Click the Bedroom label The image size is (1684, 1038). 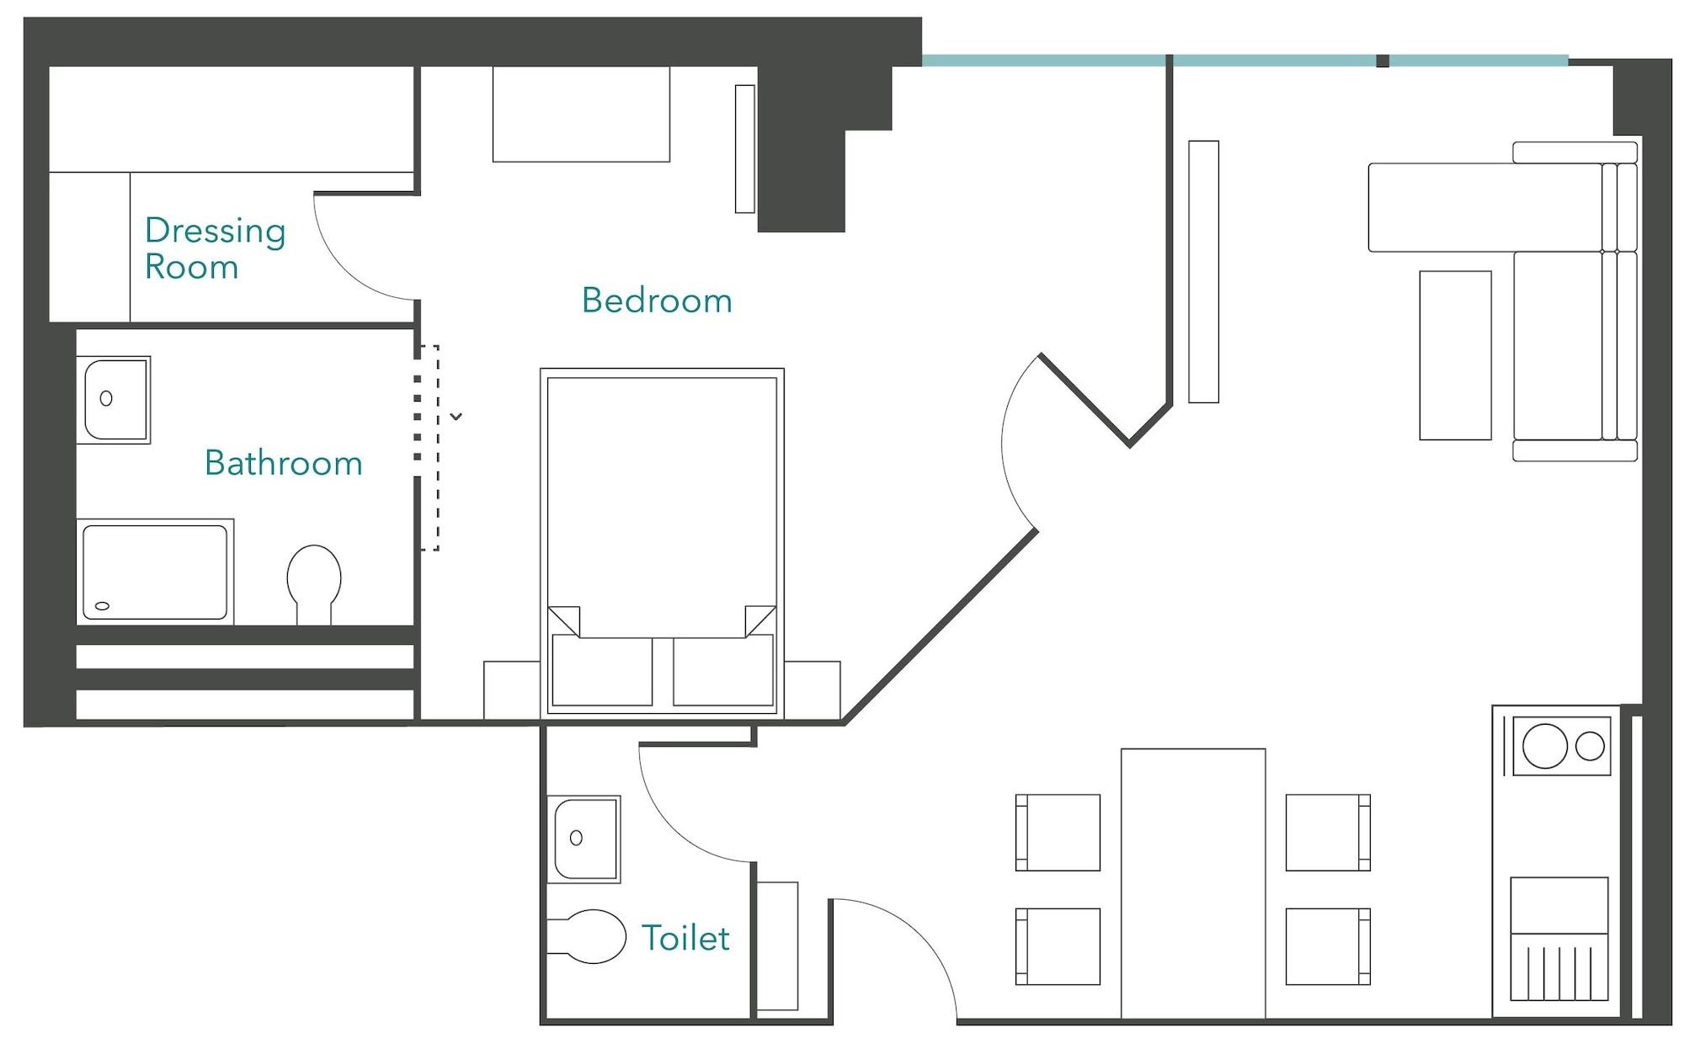pyautogui.click(x=657, y=301)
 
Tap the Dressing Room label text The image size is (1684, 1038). pyautogui.click(x=215, y=248)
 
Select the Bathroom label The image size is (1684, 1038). pyautogui.click(x=283, y=463)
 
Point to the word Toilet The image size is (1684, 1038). pyautogui.click(x=685, y=938)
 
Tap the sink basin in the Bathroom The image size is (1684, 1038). pyautogui.click(x=114, y=399)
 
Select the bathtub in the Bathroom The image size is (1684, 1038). pyautogui.click(x=155, y=572)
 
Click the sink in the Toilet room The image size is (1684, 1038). pyautogui.click(x=584, y=838)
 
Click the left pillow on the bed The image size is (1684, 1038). pyautogui.click(x=601, y=671)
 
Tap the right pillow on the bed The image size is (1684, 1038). pyautogui.click(x=723, y=671)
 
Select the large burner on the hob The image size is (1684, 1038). pyautogui.click(x=1545, y=746)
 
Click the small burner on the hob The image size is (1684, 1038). pyautogui.click(x=1590, y=746)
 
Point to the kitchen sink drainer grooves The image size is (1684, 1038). pyautogui.click(x=1559, y=972)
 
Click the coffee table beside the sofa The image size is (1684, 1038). pyautogui.click(x=1455, y=355)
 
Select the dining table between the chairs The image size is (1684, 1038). pyautogui.click(x=1192, y=884)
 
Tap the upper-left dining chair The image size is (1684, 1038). pyautogui.click(x=1058, y=833)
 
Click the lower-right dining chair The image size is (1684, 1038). pyautogui.click(x=1328, y=946)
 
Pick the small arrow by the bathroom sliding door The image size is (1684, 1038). pyautogui.click(x=456, y=417)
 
